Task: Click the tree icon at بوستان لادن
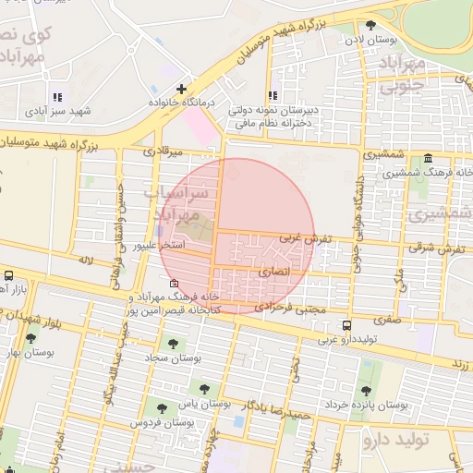pos(370,27)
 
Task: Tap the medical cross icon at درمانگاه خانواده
pos(181,89)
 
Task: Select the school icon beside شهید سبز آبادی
pos(57,97)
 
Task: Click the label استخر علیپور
pos(161,246)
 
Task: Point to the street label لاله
pos(88,262)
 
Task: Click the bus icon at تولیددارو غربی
pos(346,326)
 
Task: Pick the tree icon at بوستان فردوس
pos(163,407)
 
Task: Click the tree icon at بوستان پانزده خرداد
pos(367,390)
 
